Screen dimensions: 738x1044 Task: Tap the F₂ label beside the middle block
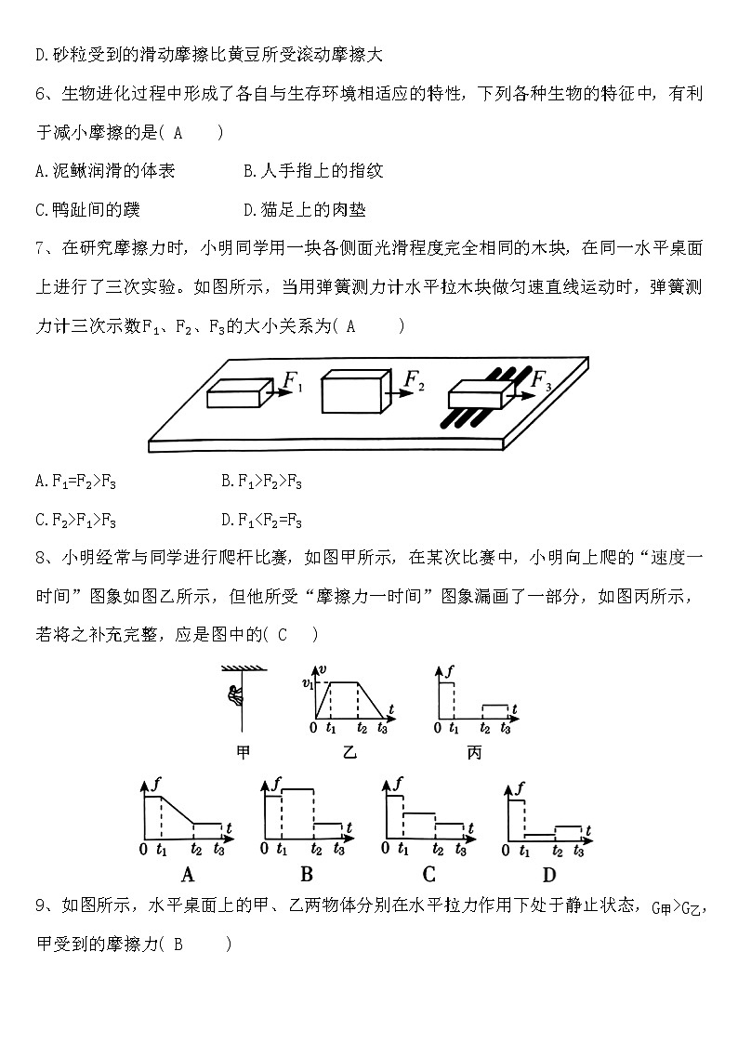[x=415, y=379]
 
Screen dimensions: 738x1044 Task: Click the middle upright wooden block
[x=351, y=392]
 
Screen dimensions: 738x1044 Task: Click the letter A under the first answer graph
[x=187, y=874]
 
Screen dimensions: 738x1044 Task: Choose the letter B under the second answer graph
[x=307, y=874]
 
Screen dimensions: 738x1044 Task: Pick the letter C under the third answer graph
[x=428, y=874]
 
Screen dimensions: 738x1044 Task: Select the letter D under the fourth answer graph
[x=549, y=874]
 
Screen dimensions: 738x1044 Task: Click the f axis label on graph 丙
[x=450, y=669]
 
